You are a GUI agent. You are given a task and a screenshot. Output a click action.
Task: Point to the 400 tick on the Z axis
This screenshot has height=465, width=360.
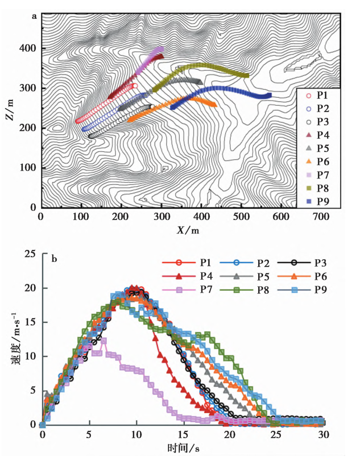pyautogui.click(x=27, y=49)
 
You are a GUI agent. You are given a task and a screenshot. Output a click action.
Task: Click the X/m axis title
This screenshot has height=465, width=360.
pyautogui.click(x=187, y=230)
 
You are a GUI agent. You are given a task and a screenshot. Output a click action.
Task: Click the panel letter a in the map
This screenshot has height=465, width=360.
pyautogui.click(x=35, y=16)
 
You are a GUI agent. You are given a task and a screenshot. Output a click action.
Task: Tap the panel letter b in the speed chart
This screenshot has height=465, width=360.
pyautogui.click(x=54, y=260)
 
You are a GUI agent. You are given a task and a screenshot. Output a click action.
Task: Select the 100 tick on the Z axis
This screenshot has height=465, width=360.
pyautogui.click(x=27, y=168)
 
